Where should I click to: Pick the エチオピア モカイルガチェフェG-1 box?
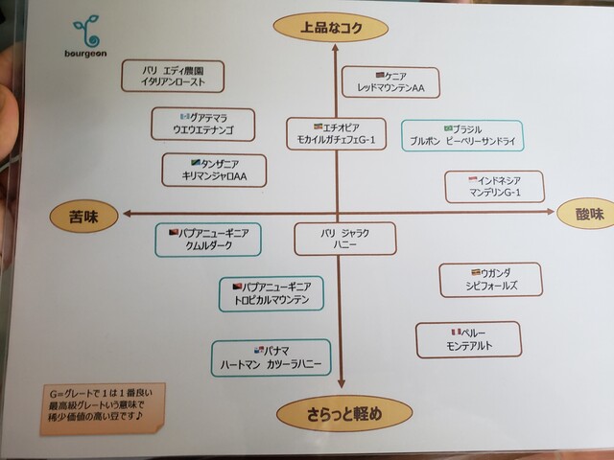(x=336, y=134)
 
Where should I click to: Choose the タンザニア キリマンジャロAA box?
(x=213, y=171)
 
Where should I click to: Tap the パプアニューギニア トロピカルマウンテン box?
(x=272, y=293)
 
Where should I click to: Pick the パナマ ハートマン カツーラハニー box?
(x=272, y=357)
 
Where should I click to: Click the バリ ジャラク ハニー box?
(x=345, y=239)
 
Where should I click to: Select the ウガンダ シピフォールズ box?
(x=491, y=280)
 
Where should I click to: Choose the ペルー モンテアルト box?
(x=468, y=339)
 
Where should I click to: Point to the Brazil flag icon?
(x=447, y=127)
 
